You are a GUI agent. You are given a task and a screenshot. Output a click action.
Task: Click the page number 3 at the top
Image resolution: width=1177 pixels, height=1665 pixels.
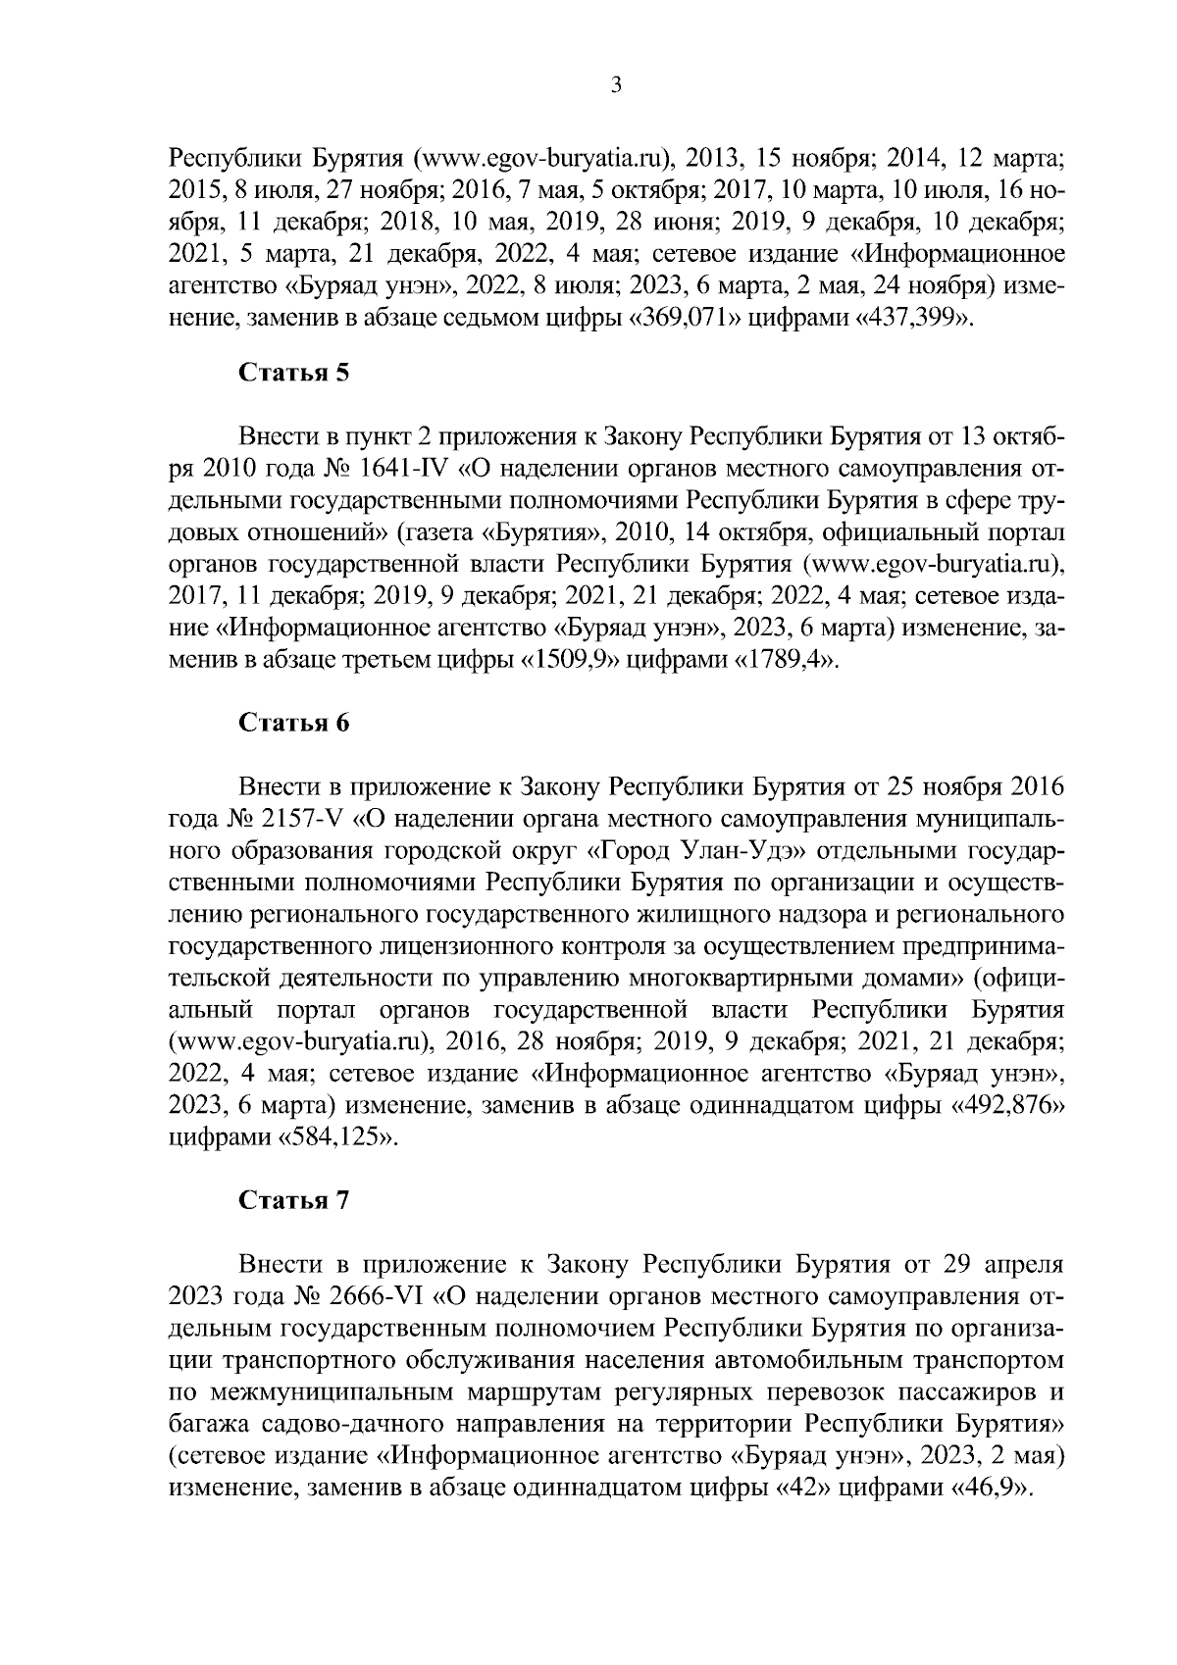point(616,86)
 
